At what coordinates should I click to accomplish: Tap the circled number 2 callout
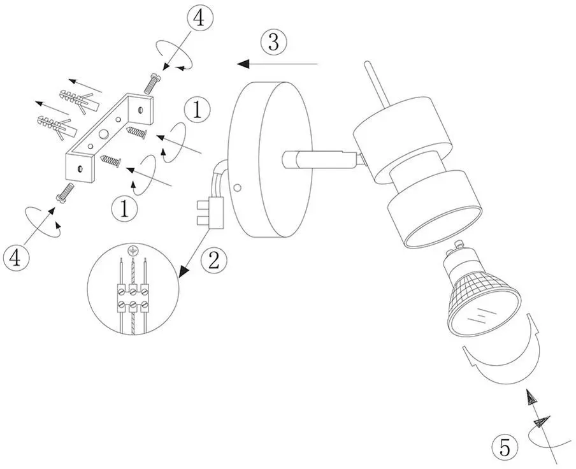point(214,261)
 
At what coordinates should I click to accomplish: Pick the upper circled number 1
point(198,110)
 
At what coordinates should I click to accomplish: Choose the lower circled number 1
point(124,208)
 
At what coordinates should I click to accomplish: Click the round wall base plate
point(270,160)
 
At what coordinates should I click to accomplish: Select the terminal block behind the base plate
point(210,213)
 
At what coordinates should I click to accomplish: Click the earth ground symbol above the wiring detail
point(131,250)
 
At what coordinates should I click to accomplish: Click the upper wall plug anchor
point(80,99)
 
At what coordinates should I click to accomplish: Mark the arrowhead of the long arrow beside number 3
point(243,64)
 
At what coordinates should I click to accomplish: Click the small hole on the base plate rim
point(238,188)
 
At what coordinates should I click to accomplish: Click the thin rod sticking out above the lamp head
point(376,85)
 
